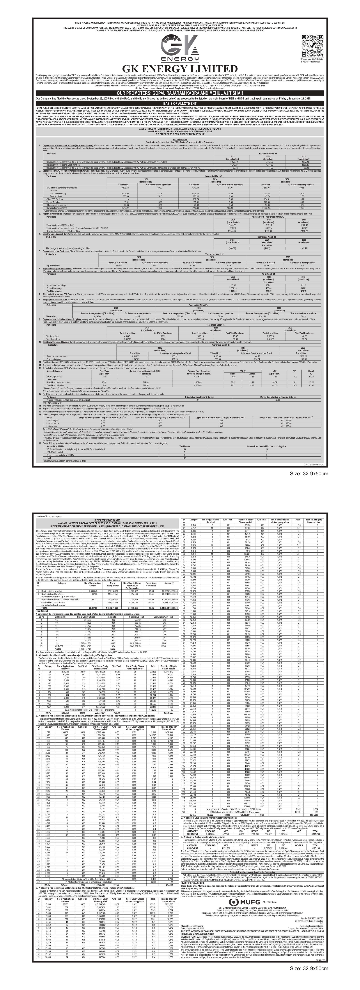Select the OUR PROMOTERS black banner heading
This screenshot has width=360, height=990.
180,93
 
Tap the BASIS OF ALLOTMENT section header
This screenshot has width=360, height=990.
180,104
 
